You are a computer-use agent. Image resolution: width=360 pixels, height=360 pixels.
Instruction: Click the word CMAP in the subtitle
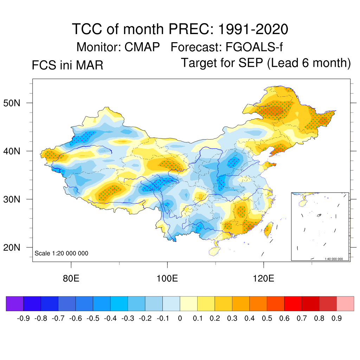tap(142, 47)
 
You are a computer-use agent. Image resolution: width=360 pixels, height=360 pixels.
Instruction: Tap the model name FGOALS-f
tap(253, 47)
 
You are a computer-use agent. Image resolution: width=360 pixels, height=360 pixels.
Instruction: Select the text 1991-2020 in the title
tap(253, 29)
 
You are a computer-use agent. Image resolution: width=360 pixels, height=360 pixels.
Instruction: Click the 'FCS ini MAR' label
tap(67, 65)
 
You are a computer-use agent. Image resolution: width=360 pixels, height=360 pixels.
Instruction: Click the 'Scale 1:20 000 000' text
tap(62, 253)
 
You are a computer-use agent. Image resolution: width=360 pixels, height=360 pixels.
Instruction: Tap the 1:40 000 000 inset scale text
tap(336, 259)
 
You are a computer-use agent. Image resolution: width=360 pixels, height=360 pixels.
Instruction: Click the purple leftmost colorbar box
tap(15, 303)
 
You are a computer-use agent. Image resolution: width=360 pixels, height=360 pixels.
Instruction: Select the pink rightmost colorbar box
tap(345, 303)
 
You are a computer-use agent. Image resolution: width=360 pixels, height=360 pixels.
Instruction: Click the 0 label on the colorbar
tap(180, 319)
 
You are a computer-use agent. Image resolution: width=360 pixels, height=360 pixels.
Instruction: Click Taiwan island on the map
tap(268, 229)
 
